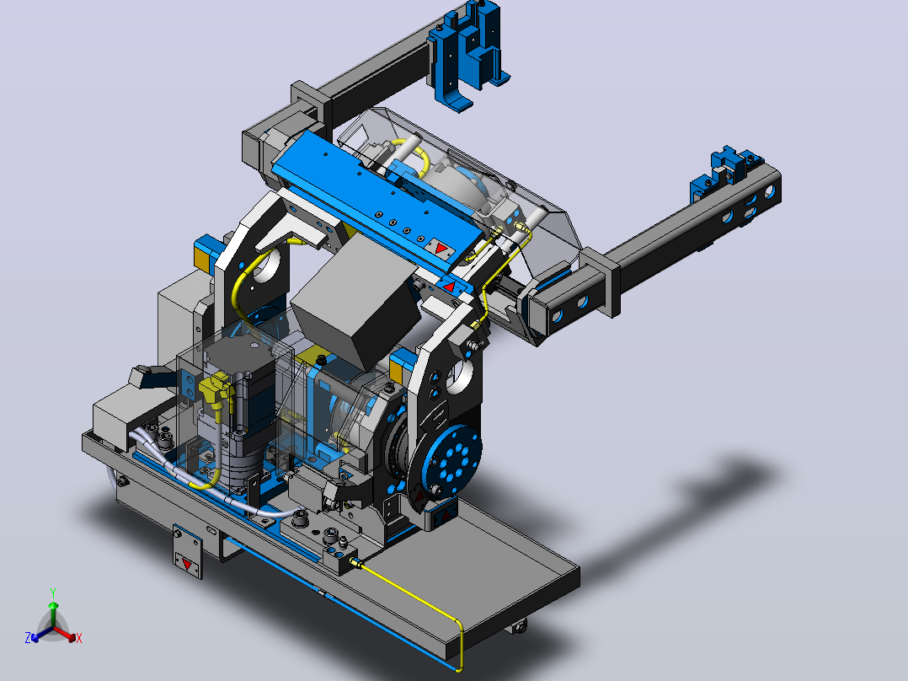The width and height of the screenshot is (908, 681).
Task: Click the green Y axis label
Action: point(53,593)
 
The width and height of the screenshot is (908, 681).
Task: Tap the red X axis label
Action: point(79,638)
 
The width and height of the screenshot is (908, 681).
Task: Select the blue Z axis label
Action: point(28,637)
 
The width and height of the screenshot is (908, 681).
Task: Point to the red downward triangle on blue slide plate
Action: point(440,249)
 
